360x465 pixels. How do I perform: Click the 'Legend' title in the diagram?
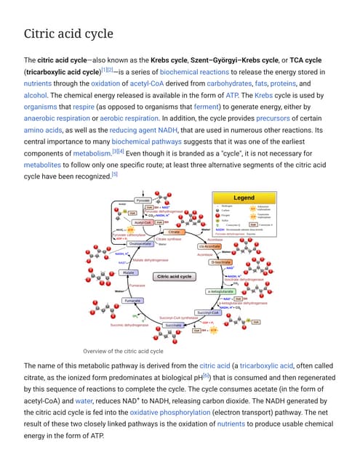pos(244,198)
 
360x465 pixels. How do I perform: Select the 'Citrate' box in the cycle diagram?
pos(174,232)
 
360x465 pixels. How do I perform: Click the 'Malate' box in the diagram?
pos(129,272)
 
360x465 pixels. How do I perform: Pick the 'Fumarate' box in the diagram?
pos(132,301)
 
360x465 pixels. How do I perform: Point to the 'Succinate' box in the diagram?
pos(173,325)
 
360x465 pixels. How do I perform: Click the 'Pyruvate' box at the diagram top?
pos(143,198)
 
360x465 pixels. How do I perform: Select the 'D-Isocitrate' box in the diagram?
pos(220,262)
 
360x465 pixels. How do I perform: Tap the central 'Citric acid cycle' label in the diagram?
pos(175,277)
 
